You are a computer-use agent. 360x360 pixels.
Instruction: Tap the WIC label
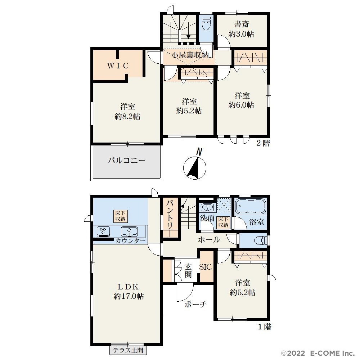(118, 66)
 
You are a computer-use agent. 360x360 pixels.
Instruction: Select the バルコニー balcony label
(126, 160)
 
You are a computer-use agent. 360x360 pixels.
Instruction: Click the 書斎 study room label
(242, 24)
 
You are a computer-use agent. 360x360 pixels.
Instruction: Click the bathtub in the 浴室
(251, 206)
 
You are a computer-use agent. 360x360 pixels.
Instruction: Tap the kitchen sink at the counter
(129, 231)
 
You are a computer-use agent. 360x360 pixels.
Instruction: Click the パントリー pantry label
(170, 215)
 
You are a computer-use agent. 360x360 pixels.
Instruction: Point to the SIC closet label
(205, 267)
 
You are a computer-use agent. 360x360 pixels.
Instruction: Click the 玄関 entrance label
(188, 271)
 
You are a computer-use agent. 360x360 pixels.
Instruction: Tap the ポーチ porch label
(195, 305)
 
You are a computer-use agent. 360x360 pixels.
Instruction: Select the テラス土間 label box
(128, 350)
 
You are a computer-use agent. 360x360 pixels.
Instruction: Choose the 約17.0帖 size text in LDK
(129, 296)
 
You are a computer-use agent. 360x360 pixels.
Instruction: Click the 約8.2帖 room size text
(127, 117)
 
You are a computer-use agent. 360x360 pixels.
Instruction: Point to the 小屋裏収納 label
(190, 55)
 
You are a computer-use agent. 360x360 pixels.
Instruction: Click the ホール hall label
(209, 240)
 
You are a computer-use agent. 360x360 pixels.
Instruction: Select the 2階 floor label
(263, 144)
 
